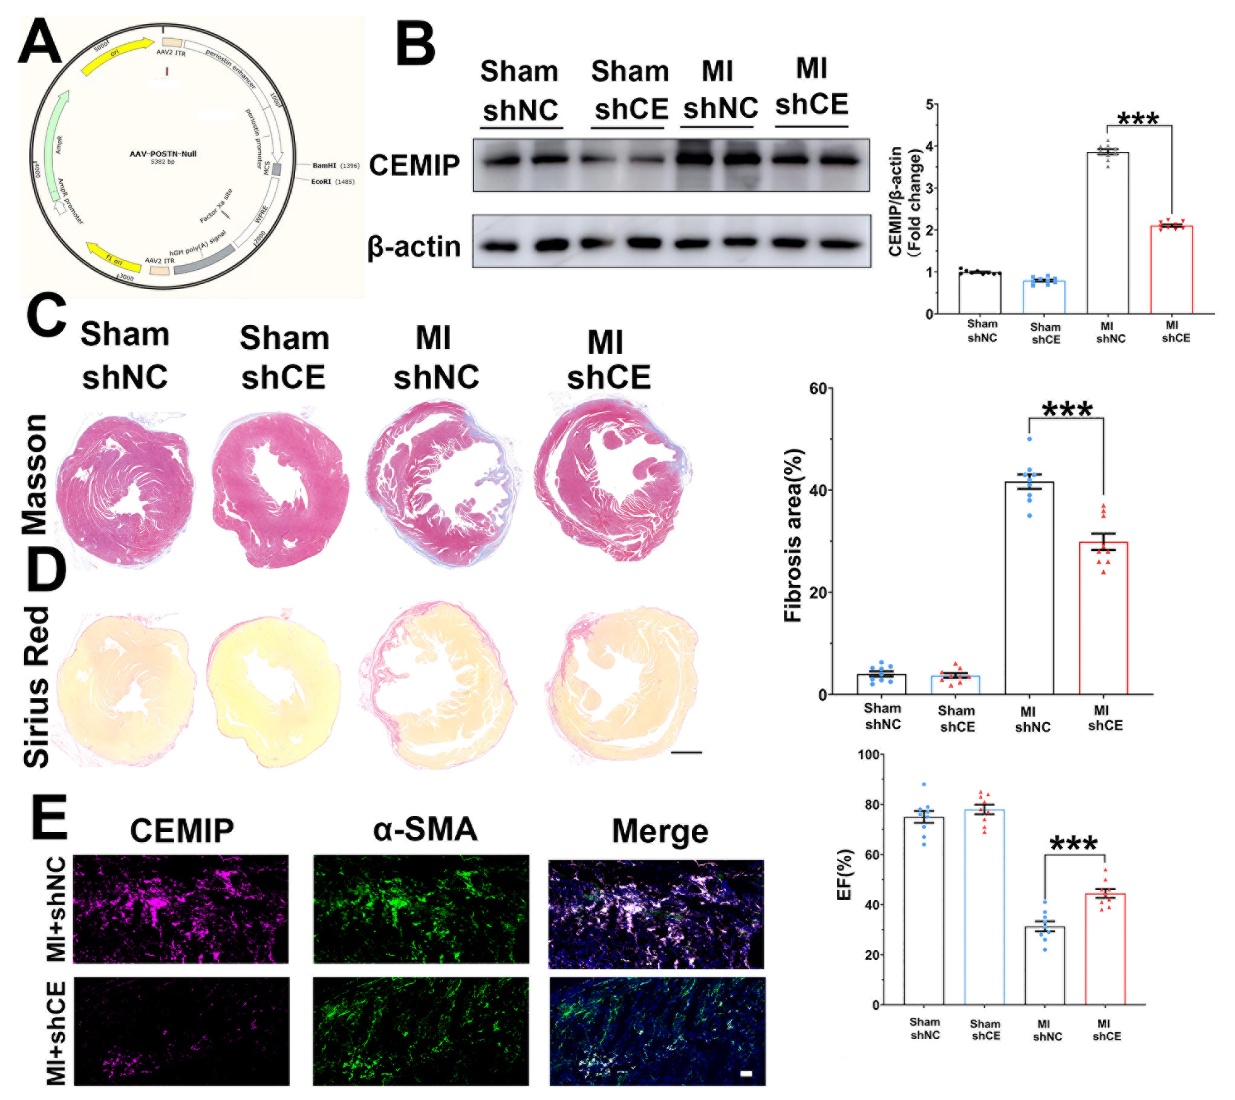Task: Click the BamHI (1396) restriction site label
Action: (x=335, y=165)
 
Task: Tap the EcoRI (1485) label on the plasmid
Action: (x=332, y=181)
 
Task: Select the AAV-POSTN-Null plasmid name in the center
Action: (x=163, y=154)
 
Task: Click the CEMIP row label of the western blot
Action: (x=414, y=165)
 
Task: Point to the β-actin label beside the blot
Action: (x=414, y=247)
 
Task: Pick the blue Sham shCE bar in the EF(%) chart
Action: (x=984, y=907)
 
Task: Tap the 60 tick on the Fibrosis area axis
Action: (x=818, y=389)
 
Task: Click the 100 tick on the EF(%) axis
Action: (x=868, y=755)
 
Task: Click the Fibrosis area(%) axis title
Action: (x=792, y=535)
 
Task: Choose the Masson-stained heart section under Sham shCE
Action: (x=280, y=490)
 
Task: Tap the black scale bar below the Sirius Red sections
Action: (x=686, y=752)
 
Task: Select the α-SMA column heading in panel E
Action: (x=425, y=829)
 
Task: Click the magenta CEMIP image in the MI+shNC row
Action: (x=180, y=909)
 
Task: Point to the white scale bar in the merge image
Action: (x=746, y=1073)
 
